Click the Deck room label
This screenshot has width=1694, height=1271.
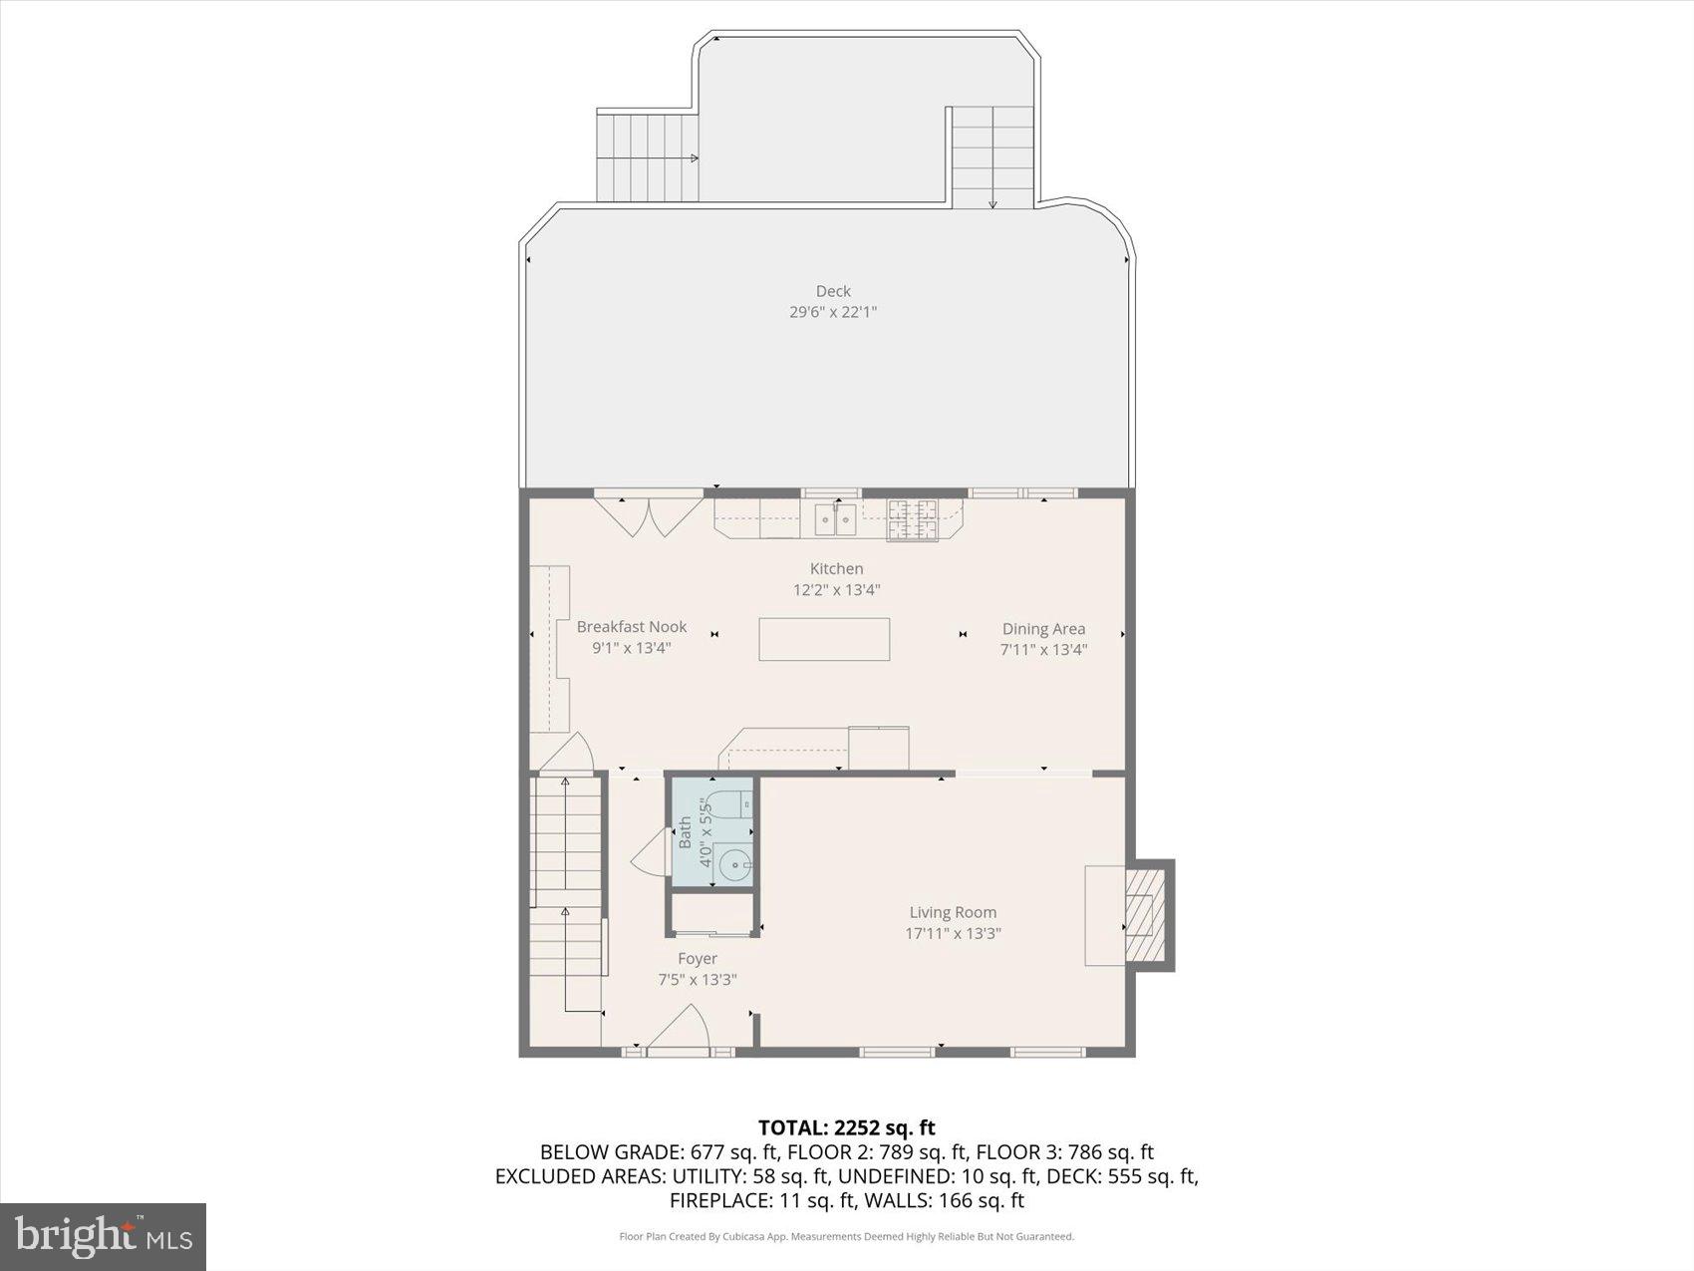click(x=833, y=291)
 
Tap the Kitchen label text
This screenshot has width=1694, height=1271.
click(x=836, y=568)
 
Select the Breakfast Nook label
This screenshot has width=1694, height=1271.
click(x=632, y=626)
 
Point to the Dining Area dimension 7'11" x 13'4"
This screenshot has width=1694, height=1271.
click(x=1043, y=650)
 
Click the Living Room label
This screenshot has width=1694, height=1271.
click(x=953, y=912)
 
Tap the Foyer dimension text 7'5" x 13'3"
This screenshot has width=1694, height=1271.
click(x=697, y=980)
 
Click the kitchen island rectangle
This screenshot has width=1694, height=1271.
click(x=824, y=639)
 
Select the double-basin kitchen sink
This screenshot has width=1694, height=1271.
click(x=835, y=518)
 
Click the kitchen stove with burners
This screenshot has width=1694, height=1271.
click(x=912, y=518)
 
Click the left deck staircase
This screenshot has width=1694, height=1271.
click(x=646, y=158)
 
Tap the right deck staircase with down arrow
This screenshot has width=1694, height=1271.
click(x=992, y=158)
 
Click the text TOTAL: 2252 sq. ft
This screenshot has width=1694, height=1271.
click(x=846, y=1127)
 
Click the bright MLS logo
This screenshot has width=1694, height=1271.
click(x=104, y=1236)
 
